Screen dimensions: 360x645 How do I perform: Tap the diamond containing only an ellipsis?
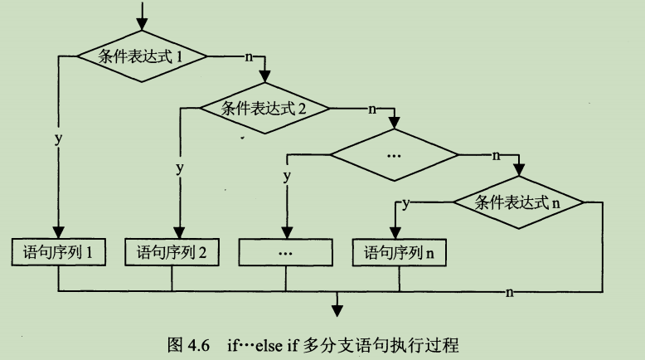393,155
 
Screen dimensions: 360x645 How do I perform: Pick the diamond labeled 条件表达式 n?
518,202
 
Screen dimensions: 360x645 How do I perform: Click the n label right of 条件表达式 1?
249,57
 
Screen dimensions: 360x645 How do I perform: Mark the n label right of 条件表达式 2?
371,108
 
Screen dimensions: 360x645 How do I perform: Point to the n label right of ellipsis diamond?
497,155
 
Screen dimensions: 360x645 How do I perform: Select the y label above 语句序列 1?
58,139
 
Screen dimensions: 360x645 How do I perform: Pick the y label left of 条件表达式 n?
406,202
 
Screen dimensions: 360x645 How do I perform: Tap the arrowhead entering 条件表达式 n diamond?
518,171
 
